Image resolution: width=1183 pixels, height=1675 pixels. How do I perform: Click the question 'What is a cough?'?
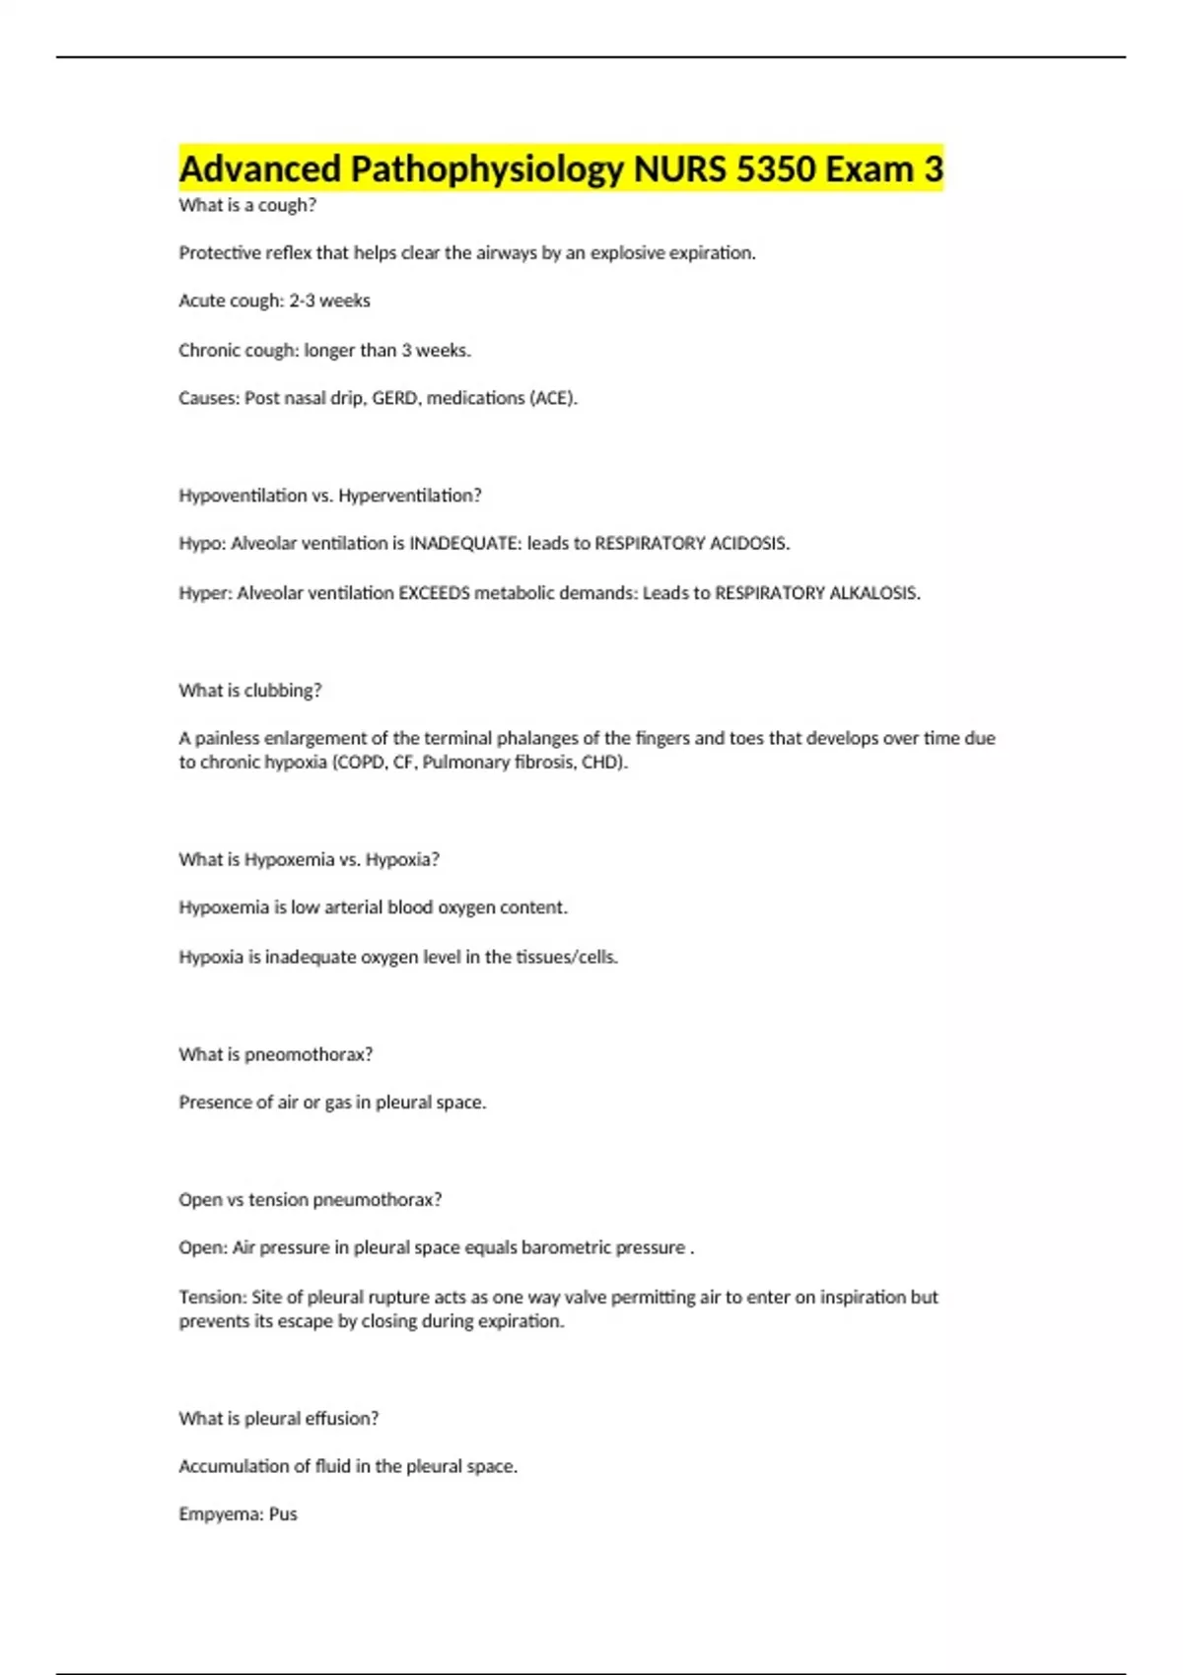click(247, 205)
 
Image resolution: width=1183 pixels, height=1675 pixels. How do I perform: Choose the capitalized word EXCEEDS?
click(434, 593)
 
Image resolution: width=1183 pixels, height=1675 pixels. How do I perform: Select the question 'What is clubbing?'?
click(250, 691)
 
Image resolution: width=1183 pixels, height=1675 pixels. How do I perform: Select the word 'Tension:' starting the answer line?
click(212, 1297)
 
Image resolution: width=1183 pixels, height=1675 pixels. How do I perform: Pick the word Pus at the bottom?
click(283, 1514)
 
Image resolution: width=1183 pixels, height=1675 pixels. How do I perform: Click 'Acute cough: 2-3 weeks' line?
click(274, 301)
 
